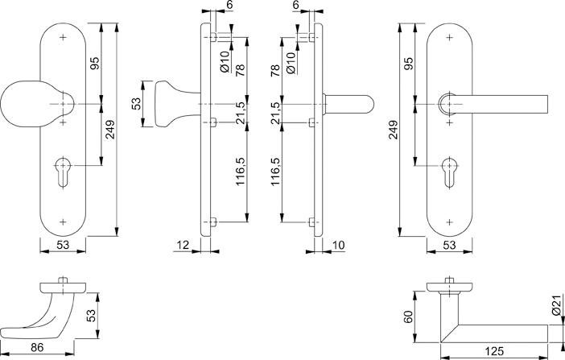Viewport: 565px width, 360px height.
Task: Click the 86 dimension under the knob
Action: pos(37,347)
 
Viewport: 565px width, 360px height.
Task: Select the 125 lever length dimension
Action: pos(494,351)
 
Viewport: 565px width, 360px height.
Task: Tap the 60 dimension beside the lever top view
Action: pos(409,317)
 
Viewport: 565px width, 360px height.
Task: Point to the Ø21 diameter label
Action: pos(557,304)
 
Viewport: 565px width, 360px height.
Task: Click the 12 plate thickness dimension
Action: pos(183,246)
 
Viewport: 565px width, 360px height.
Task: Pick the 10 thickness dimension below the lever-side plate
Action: pos(338,246)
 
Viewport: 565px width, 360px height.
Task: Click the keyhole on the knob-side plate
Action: pos(63,172)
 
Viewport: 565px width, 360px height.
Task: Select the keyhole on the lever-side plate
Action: pos(449,172)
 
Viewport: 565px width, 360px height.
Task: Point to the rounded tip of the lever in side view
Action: pos(370,104)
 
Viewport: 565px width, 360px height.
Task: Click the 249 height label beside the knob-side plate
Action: pos(110,129)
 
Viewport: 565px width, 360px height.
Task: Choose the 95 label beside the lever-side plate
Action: pos(409,64)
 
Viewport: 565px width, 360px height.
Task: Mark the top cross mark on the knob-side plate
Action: pos(63,37)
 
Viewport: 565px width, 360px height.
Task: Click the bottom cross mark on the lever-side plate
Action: pos(449,221)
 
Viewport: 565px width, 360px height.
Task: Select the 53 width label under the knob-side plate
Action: pos(63,246)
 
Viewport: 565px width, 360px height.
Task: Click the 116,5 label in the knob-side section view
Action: pos(241,172)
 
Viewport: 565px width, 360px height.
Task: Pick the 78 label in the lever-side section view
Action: pos(275,70)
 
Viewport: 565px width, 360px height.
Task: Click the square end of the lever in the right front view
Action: pos(547,104)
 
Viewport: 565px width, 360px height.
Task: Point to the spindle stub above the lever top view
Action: pos(449,280)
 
